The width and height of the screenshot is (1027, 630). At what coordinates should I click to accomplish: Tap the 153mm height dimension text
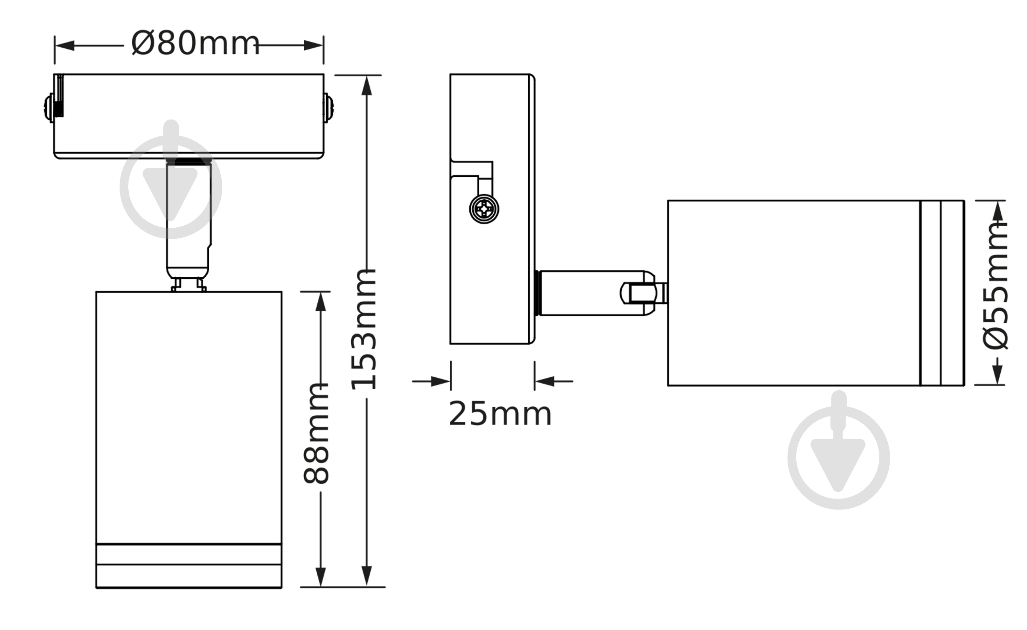364,330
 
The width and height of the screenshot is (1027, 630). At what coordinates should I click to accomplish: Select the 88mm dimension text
316,433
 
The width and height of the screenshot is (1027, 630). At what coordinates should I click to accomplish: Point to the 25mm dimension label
500,414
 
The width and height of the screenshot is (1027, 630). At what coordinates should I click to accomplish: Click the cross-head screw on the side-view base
484,209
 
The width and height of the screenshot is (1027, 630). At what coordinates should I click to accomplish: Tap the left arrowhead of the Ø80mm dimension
65,46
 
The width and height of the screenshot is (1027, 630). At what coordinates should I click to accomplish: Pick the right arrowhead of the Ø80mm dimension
314,46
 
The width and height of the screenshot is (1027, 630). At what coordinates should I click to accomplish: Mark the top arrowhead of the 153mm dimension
367,86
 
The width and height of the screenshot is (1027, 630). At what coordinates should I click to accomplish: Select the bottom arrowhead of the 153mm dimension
367,577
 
